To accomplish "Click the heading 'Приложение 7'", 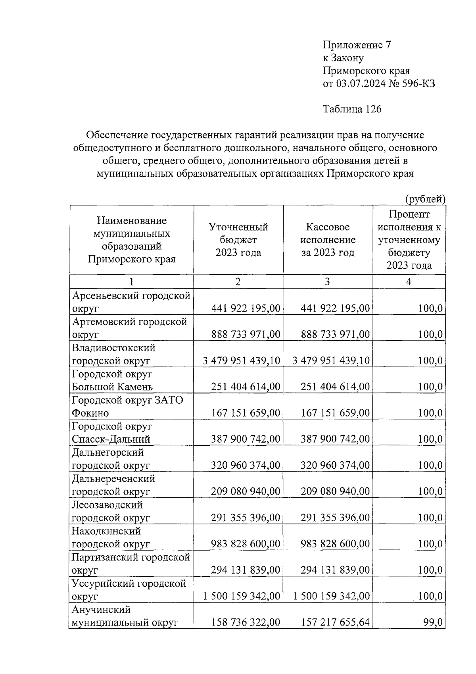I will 357,45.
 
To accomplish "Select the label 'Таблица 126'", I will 352,109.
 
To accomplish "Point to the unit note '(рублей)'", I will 425,199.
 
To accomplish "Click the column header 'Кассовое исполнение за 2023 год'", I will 328,239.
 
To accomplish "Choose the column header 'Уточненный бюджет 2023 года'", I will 238,239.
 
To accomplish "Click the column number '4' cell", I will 409,281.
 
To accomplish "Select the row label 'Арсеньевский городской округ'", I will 131,302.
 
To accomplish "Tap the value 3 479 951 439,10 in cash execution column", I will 331,360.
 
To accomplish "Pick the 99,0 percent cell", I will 433,622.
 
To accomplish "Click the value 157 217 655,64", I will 335,622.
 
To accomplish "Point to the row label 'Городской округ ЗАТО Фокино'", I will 127,406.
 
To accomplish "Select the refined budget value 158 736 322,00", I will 246,622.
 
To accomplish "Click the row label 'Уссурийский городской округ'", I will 129,590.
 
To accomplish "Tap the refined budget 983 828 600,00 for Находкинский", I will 246,544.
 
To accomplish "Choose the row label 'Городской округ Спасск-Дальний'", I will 112,433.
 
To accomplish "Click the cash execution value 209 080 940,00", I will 335,491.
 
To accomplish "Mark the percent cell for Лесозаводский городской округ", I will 430,518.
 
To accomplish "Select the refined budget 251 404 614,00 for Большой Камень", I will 246,387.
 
